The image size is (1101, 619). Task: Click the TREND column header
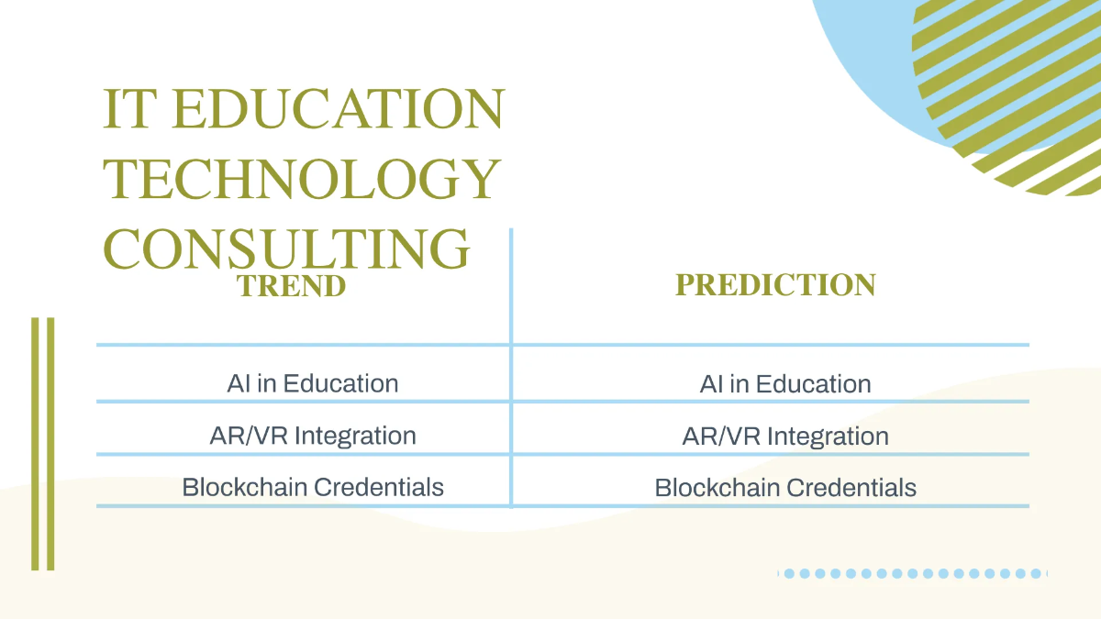pyautogui.click(x=291, y=285)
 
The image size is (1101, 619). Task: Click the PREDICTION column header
pyautogui.click(x=775, y=284)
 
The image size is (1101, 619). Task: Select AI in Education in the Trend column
pyautogui.click(x=313, y=383)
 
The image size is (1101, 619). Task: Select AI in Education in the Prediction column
pyautogui.click(x=785, y=384)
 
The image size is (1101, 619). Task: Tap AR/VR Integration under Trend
pyautogui.click(x=313, y=435)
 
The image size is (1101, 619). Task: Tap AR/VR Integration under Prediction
pyautogui.click(x=785, y=436)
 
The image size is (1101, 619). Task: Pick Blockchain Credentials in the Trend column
pyautogui.click(x=313, y=486)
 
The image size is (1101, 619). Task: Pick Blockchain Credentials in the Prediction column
pyautogui.click(x=785, y=487)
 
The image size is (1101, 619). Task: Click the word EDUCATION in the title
pyautogui.click(x=338, y=109)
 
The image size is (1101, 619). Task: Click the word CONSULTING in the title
pyautogui.click(x=286, y=248)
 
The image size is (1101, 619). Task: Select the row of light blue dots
pyautogui.click(x=913, y=573)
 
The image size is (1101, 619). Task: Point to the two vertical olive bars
pyautogui.click(x=43, y=444)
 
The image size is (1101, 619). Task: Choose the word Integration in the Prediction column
pyautogui.click(x=828, y=436)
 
